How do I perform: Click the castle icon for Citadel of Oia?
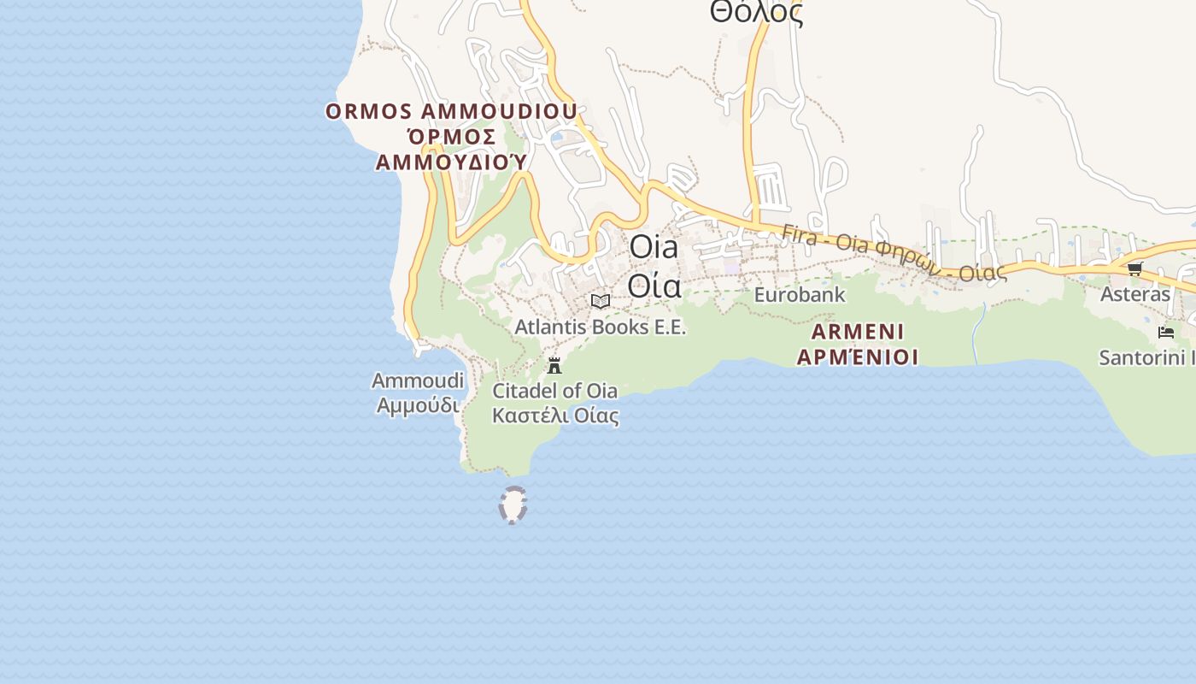click(554, 366)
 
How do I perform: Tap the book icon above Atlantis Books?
click(601, 301)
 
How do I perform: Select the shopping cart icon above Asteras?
click(1134, 268)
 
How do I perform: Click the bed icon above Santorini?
click(1165, 333)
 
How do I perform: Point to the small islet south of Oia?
click(513, 504)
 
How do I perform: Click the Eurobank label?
click(800, 295)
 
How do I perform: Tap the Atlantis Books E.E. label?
click(600, 327)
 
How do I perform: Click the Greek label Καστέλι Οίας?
click(555, 416)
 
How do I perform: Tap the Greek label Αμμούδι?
click(418, 404)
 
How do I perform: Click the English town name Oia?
click(654, 248)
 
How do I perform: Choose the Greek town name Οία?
click(654, 286)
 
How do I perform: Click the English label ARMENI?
click(858, 332)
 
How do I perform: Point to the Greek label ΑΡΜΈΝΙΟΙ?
click(858, 357)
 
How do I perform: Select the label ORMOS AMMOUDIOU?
click(451, 112)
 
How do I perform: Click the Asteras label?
click(1134, 294)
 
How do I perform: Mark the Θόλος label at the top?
click(756, 12)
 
